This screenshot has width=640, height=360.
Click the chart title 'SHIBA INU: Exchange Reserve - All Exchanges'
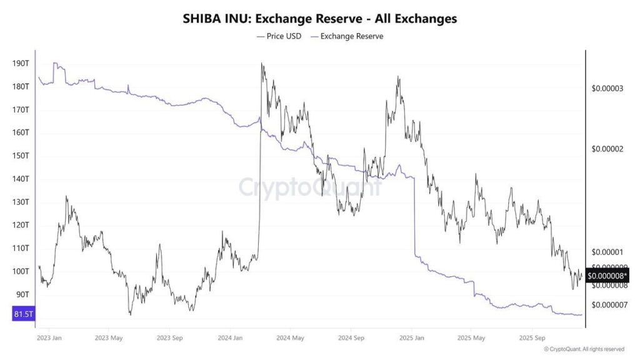click(x=319, y=19)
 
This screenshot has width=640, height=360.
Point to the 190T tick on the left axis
click(x=21, y=64)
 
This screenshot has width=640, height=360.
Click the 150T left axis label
click(x=21, y=156)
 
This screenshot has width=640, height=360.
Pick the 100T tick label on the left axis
click(x=21, y=271)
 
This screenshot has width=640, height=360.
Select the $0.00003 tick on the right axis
click(x=607, y=89)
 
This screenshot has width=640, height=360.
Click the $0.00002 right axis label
click(x=607, y=149)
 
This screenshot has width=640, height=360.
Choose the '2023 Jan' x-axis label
click(x=49, y=338)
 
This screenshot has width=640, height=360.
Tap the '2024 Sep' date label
click(x=351, y=338)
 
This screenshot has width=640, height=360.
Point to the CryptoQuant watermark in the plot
click(x=311, y=187)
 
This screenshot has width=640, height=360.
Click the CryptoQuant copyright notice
click(x=584, y=349)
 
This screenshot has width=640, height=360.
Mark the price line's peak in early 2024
click(x=262, y=64)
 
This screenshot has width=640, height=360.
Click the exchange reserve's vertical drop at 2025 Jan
click(x=414, y=216)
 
